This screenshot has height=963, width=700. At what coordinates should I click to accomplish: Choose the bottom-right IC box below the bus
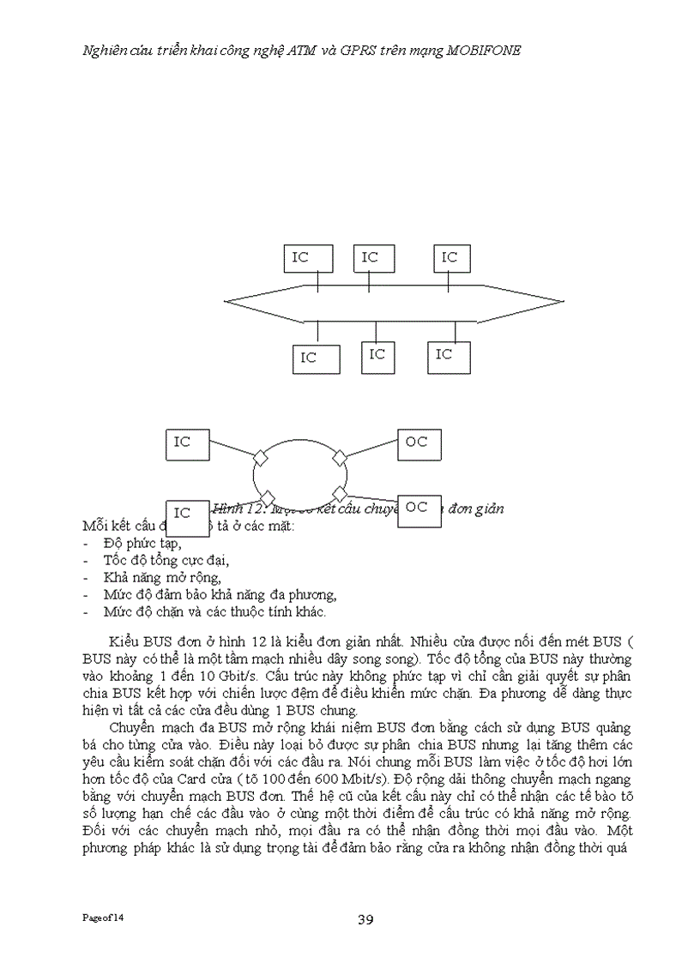click(x=449, y=355)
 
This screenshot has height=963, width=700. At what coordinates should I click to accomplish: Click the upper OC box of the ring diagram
click(x=420, y=444)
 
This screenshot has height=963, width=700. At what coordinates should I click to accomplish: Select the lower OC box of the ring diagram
click(x=421, y=509)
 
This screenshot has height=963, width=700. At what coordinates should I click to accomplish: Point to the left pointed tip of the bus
click(x=226, y=301)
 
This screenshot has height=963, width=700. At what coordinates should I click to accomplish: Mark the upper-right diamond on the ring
click(x=340, y=456)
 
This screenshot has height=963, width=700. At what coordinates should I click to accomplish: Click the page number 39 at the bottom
click(x=365, y=920)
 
